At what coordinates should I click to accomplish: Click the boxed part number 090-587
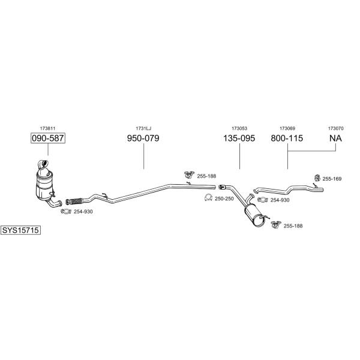[48, 138]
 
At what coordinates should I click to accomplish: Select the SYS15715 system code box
[20, 230]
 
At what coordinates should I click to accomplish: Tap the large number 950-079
[143, 138]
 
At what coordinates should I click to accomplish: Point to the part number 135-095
[239, 138]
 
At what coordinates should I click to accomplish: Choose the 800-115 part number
[287, 138]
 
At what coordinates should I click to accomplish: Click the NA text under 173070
[335, 138]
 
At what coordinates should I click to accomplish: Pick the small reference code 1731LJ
[143, 128]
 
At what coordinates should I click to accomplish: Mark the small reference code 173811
[47, 128]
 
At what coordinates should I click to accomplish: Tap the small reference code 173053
[239, 128]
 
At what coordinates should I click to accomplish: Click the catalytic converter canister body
[44, 186]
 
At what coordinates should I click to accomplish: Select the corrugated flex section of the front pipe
[74, 201]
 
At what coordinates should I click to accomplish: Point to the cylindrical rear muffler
[254, 216]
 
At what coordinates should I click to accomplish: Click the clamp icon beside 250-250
[208, 197]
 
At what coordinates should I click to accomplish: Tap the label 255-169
[332, 179]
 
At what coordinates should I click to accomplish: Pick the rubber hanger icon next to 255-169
[317, 178]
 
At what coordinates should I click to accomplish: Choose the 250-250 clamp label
[224, 199]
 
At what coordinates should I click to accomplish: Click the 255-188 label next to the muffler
[293, 226]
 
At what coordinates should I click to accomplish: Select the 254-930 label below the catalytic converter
[83, 212]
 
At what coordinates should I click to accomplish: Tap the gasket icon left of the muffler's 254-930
[263, 200]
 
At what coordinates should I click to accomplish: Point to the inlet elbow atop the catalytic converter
[43, 164]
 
